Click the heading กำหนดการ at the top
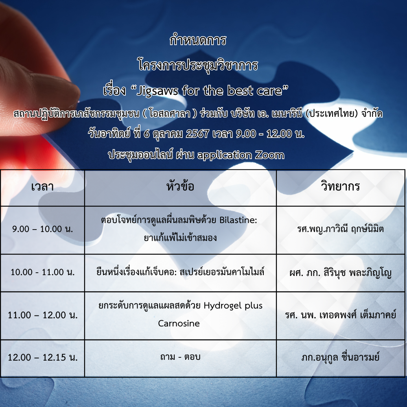click(x=198, y=41)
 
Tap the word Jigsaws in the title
click(x=158, y=91)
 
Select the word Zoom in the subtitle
click(x=270, y=155)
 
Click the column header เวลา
click(x=42, y=187)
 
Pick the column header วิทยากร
click(x=340, y=186)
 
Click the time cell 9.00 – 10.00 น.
click(x=43, y=229)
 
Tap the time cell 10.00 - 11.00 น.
click(x=43, y=272)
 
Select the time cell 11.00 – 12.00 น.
click(x=43, y=315)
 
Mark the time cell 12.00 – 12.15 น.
click(x=43, y=357)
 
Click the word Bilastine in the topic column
click(x=238, y=220)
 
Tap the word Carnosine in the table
click(x=179, y=324)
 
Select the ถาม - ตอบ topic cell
click(x=180, y=357)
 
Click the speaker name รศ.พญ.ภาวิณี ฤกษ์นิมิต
click(x=340, y=229)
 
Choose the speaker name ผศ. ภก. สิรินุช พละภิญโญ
click(x=340, y=273)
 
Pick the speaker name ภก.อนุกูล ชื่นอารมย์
click(x=340, y=357)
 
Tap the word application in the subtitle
click(x=225, y=155)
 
